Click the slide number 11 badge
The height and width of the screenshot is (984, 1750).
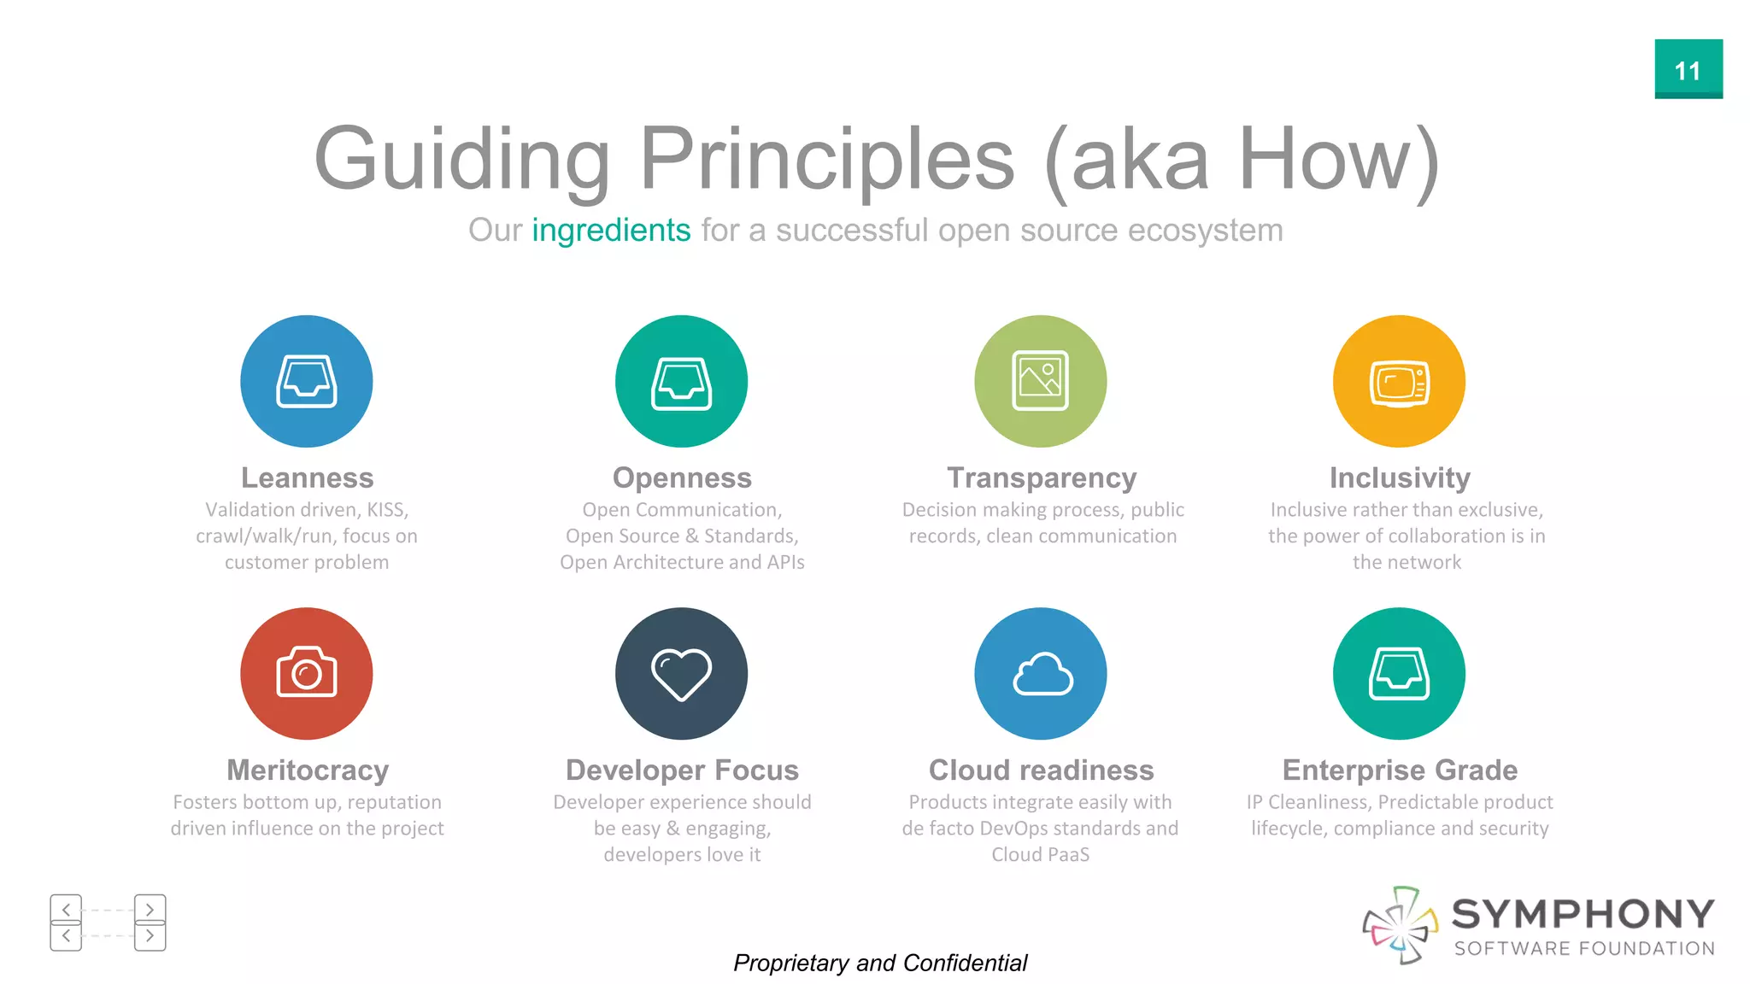[x=1688, y=69]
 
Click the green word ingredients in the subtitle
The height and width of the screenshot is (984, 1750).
[x=611, y=231]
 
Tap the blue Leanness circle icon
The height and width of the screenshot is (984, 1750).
[x=306, y=381]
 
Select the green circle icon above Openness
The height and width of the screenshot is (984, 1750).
[x=681, y=381]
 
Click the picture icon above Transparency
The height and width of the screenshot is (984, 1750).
[x=1040, y=381]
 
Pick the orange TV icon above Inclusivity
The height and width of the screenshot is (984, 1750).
[x=1399, y=381]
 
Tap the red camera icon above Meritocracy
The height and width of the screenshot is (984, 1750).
[x=306, y=673]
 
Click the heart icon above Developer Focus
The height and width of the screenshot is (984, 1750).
[x=681, y=673]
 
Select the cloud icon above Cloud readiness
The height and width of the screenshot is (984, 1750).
[x=1040, y=673]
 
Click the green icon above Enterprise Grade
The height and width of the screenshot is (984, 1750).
[x=1399, y=673]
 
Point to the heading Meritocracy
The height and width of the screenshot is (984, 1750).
[x=308, y=770]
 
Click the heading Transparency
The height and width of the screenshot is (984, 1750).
[x=1042, y=478]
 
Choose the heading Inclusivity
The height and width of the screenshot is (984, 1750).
[x=1400, y=478]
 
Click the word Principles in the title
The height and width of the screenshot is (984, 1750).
[x=826, y=160]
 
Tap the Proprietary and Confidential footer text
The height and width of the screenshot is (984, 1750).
[x=880, y=963]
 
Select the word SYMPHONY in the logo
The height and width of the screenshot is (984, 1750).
[x=1583, y=915]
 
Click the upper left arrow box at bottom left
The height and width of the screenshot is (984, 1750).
[x=66, y=908]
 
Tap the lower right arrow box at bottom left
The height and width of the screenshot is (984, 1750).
[x=150, y=936]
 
